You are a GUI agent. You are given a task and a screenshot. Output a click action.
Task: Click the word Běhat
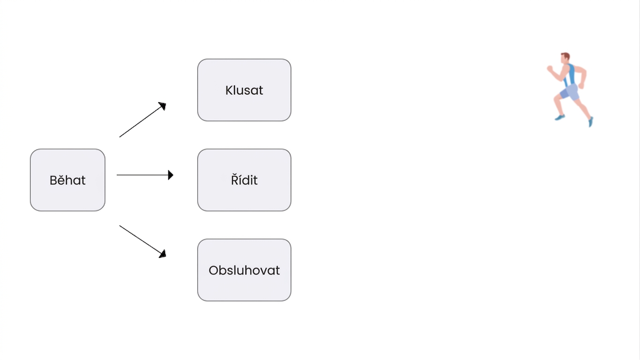[68, 180]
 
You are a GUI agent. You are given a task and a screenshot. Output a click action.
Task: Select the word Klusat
[244, 90]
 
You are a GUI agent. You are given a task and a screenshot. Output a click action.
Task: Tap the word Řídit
[244, 180]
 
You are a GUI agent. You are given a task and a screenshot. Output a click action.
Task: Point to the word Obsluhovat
[244, 270]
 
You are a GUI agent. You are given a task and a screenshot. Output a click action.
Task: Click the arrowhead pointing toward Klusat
[163, 106]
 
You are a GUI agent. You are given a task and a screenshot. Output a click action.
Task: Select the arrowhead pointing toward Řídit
[171, 175]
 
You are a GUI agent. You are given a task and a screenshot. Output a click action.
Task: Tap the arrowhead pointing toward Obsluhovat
[163, 254]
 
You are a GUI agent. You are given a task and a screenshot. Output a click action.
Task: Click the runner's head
[565, 58]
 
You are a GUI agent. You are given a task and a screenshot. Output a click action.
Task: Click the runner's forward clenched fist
[550, 68]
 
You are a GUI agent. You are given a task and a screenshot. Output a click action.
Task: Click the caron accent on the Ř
[235, 174]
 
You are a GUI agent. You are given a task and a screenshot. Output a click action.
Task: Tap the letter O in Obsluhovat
[213, 270]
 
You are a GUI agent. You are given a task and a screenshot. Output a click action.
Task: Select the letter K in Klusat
[229, 90]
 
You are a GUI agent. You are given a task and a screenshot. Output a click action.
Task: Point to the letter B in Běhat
[53, 180]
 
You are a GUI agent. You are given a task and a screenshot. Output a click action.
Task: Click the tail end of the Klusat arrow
[120, 137]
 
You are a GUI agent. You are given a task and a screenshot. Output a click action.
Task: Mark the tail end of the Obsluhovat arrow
[120, 226]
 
